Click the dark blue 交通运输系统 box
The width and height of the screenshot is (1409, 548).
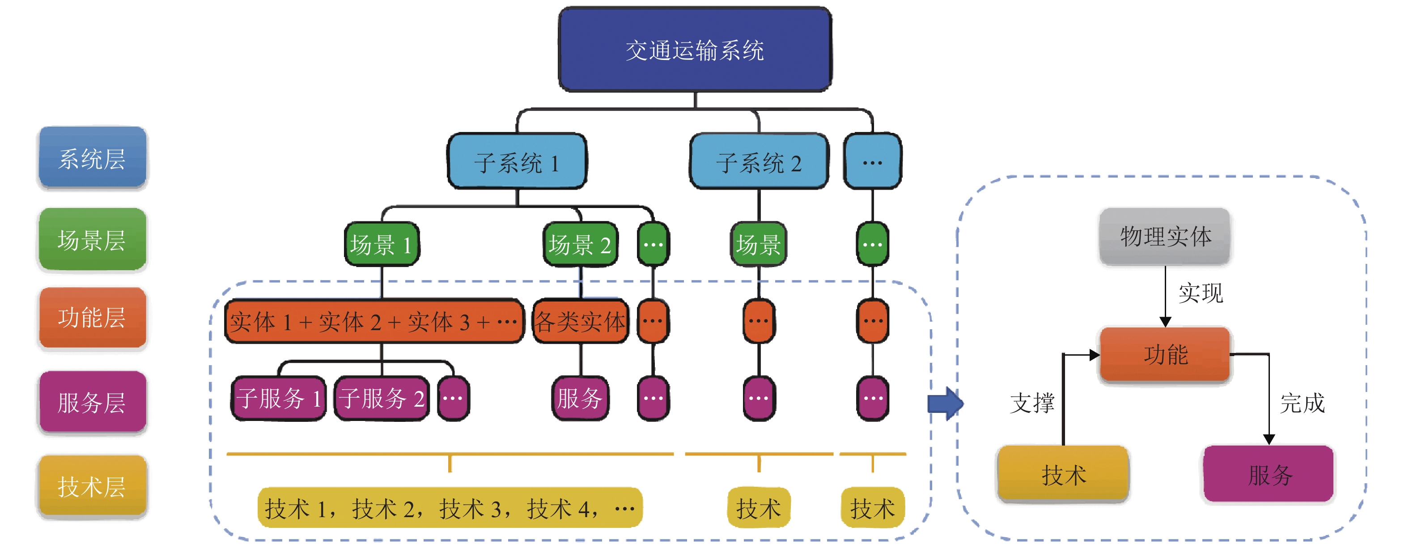point(695,50)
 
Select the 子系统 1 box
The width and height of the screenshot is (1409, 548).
point(517,162)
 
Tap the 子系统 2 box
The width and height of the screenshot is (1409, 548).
point(759,162)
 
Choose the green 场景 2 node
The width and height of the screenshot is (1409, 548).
point(580,244)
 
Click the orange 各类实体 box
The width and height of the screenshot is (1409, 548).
point(580,322)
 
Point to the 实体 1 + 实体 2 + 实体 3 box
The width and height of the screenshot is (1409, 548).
point(374,322)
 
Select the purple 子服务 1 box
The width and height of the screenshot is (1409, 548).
point(278,399)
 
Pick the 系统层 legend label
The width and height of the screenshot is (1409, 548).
point(92,159)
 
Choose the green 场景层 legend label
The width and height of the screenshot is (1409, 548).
point(92,239)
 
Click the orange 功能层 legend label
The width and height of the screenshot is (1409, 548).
point(92,318)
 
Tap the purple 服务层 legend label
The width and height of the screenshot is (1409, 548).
point(92,403)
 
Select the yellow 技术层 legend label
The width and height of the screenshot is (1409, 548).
point(92,486)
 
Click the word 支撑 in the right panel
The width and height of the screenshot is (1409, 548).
point(1032,404)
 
